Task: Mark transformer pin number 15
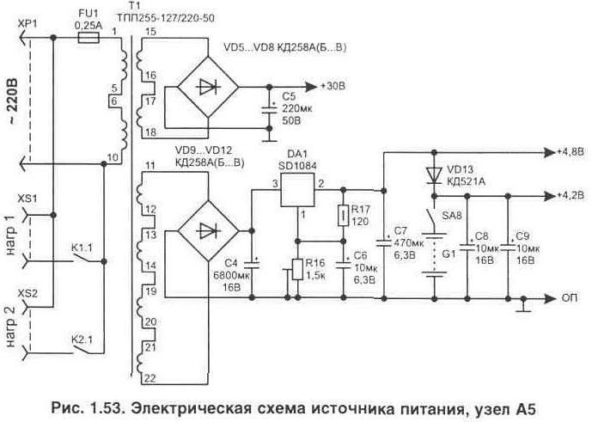(x=151, y=32)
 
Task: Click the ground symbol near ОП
(x=523, y=303)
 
